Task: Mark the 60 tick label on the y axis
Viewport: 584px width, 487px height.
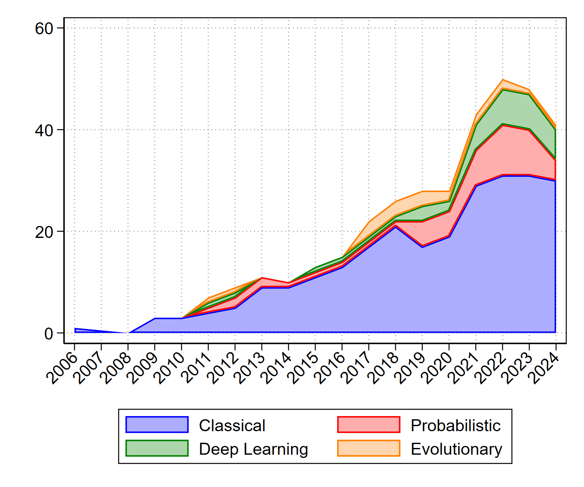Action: (44, 28)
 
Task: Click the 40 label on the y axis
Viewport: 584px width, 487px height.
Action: (44, 130)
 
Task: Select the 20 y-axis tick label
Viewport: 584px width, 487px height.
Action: (44, 232)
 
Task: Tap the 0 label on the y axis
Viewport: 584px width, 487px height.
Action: (49, 334)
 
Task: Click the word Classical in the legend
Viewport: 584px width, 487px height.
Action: (232, 426)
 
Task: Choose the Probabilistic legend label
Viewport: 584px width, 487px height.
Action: (455, 426)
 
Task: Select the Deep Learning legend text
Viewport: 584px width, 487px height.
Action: (254, 449)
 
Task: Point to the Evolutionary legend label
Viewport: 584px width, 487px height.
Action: (456, 449)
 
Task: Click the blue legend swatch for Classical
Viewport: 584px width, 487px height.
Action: (157, 425)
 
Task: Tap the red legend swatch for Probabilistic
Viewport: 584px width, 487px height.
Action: (369, 425)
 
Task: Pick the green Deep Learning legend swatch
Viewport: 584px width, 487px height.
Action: (157, 448)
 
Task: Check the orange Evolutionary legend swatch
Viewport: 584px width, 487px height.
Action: (369, 448)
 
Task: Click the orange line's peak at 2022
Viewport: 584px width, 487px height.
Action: (503, 80)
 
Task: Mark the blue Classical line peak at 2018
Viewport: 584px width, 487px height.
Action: (396, 227)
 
